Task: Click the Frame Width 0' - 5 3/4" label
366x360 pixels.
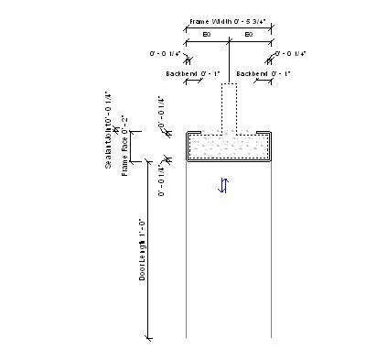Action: click(x=229, y=20)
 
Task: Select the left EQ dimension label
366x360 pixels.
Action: click(x=208, y=34)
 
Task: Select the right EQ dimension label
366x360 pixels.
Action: click(x=249, y=34)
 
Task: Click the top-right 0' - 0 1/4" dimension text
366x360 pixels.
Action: click(x=291, y=54)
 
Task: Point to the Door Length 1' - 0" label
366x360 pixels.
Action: click(x=143, y=249)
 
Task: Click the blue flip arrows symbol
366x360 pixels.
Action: click(x=223, y=186)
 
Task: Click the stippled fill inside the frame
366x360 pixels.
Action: click(x=229, y=146)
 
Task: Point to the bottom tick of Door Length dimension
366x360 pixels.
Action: click(x=149, y=338)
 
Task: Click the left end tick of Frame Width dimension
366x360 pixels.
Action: click(x=187, y=28)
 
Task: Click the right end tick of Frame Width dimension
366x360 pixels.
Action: click(x=271, y=28)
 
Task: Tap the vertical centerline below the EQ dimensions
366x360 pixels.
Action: click(x=229, y=64)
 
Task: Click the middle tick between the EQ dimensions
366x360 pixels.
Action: click(x=229, y=41)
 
